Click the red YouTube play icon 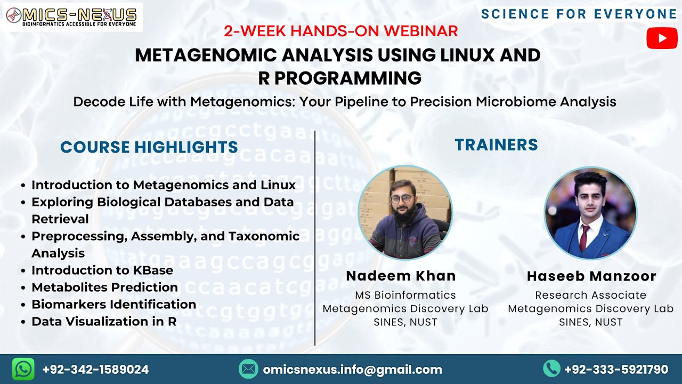click(662, 38)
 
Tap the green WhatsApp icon click(23, 369)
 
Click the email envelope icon click(248, 369)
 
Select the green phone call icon click(551, 369)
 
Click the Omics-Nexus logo click(74, 17)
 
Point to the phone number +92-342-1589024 click(95, 370)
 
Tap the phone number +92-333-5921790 click(616, 370)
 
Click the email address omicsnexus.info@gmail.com click(352, 370)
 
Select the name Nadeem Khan click(401, 276)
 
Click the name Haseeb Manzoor click(591, 276)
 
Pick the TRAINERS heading click(496, 145)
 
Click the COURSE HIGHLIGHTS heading click(149, 147)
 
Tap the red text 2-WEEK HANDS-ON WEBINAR click(341, 31)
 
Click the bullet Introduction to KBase click(102, 270)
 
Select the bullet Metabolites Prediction click(104, 287)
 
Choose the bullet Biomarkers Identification click(113, 305)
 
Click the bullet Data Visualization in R click(104, 322)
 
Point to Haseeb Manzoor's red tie click(584, 237)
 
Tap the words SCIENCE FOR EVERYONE click(579, 14)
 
